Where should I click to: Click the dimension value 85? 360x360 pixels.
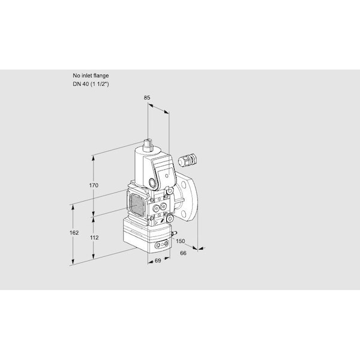(147, 98)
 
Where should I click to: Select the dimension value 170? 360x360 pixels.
(94, 185)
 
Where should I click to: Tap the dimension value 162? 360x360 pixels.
(74, 233)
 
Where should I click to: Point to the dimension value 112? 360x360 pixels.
(94, 238)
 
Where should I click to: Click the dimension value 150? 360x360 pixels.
(181, 241)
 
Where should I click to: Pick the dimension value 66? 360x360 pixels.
(183, 253)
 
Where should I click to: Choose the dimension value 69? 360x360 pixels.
(158, 260)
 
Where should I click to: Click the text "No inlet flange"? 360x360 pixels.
(91, 76)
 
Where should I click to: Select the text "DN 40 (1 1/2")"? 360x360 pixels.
(91, 84)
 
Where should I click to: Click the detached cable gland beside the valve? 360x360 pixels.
(188, 159)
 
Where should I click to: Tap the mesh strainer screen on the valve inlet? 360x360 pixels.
(137, 203)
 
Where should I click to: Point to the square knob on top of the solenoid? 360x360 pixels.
(148, 145)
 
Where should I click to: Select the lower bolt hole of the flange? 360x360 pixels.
(184, 214)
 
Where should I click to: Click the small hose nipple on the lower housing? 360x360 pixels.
(174, 233)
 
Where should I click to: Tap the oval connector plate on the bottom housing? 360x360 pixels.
(162, 245)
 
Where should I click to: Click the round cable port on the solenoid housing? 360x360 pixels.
(152, 182)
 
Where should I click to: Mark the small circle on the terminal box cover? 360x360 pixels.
(167, 176)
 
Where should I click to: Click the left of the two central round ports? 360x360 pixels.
(157, 208)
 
